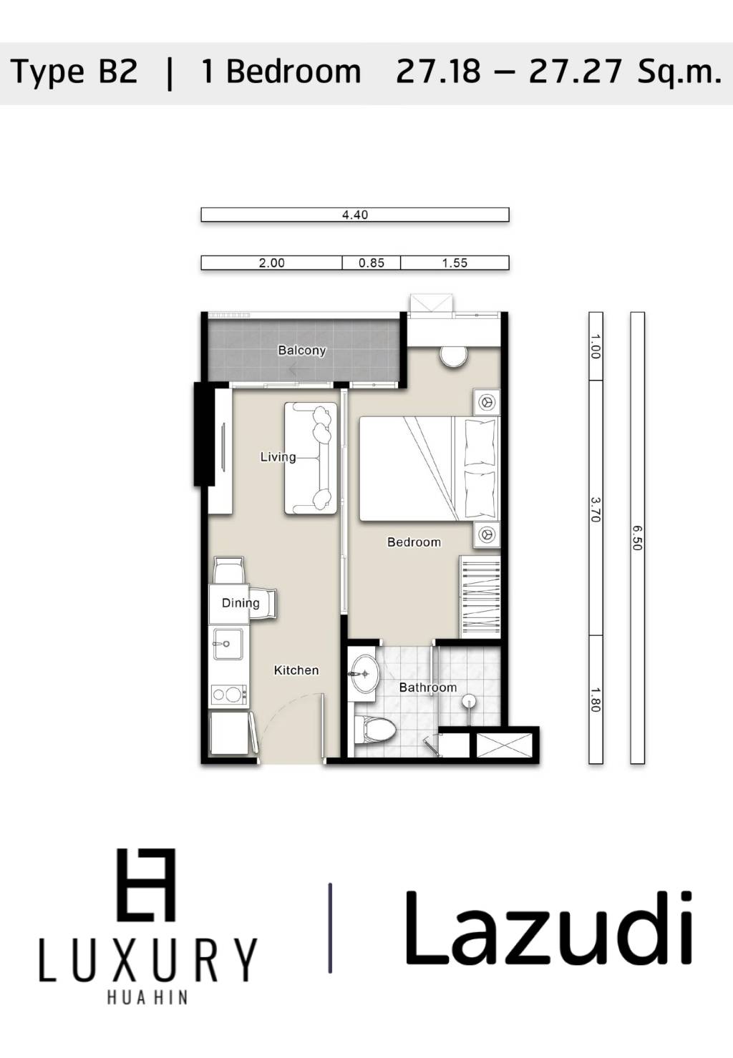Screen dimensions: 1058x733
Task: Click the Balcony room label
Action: pos(301,351)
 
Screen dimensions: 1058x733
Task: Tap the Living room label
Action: pos(278,457)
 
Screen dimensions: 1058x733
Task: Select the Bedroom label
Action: pos(414,542)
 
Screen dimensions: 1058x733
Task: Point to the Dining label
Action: pos(241,603)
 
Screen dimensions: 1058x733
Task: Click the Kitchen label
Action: pos(296,670)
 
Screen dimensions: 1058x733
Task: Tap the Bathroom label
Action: pos(427,687)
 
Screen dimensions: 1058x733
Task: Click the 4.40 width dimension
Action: pos(355,215)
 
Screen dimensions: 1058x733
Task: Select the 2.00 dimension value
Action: pos(271,263)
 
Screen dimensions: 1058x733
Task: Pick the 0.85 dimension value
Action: pos(372,263)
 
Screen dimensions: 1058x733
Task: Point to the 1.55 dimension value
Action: pos(455,263)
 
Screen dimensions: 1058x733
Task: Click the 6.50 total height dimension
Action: pos(637,538)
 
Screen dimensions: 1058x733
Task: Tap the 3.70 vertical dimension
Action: pos(596,509)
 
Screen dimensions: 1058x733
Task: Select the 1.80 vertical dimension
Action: pos(596,699)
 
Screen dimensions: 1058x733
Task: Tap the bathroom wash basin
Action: pos(364,673)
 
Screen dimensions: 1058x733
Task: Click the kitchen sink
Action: pos(228,644)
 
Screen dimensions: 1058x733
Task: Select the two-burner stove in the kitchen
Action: pos(228,694)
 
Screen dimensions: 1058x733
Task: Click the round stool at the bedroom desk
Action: pos(453,356)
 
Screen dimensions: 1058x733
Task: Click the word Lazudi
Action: pos(548,929)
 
